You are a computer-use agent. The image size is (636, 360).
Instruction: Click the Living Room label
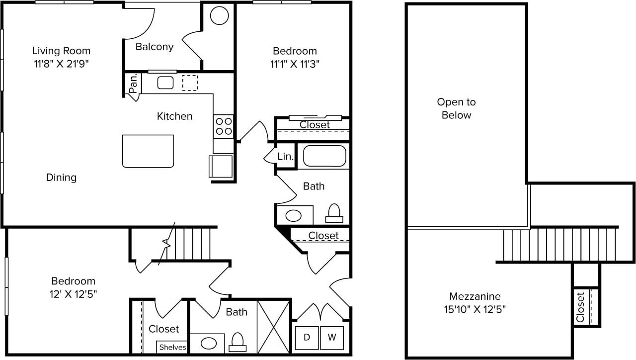point(61,51)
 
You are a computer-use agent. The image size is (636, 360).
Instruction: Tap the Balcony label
point(155,47)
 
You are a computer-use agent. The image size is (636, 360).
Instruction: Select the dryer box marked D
point(307,338)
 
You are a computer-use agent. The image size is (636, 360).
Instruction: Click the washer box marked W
point(331,338)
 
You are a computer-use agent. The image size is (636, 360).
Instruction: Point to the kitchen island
point(148,151)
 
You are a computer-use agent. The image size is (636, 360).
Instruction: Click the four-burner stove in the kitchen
point(224,126)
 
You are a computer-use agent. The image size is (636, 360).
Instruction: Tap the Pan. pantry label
point(133,83)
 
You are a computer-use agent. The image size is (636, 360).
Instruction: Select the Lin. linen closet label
point(285,157)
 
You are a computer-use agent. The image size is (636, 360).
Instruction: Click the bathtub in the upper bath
point(324,156)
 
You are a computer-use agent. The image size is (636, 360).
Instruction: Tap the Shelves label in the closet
point(172,347)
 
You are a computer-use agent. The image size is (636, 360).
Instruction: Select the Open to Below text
point(456,108)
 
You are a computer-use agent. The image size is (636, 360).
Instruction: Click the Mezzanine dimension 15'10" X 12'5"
point(475,309)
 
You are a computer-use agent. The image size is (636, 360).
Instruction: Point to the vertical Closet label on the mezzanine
point(580,306)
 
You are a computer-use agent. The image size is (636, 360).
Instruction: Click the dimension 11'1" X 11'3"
point(295,64)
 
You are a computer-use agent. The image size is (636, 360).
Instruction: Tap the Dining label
point(61,177)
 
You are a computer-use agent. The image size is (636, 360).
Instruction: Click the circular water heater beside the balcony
point(219,16)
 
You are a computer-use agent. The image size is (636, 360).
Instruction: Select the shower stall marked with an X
point(274,327)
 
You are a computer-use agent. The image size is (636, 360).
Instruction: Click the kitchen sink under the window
point(165,83)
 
